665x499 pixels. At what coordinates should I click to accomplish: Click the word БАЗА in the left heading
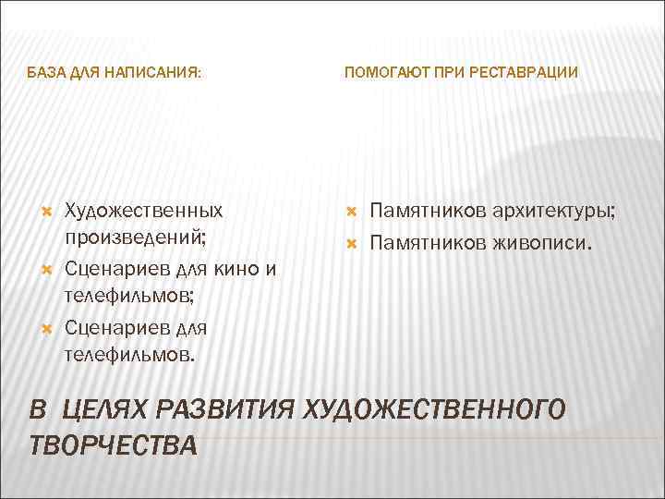point(45,71)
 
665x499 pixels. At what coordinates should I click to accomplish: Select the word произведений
point(135,236)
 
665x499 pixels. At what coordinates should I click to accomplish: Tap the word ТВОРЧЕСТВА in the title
point(113,444)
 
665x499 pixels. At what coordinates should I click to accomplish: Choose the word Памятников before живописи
point(426,244)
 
